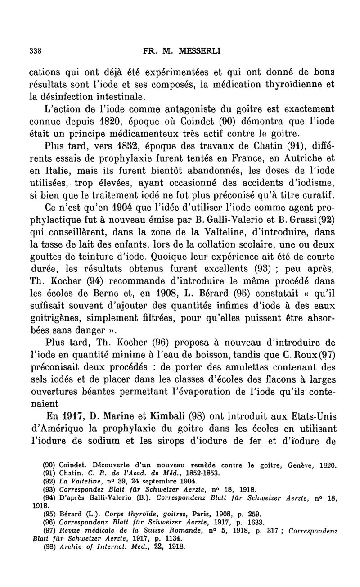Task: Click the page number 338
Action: pyautogui.click(x=35, y=51)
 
